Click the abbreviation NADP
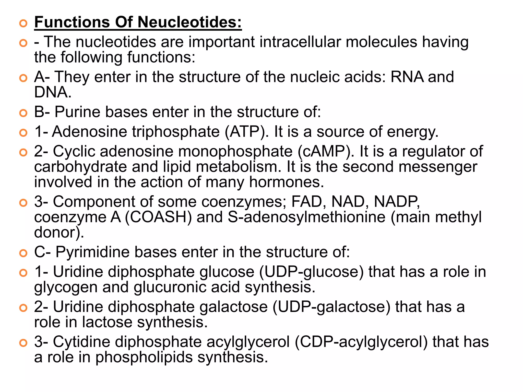click(x=397, y=202)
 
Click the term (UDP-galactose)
click(x=331, y=307)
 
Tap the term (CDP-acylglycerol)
click(x=361, y=342)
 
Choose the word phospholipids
click(x=144, y=357)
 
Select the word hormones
click(x=287, y=182)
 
